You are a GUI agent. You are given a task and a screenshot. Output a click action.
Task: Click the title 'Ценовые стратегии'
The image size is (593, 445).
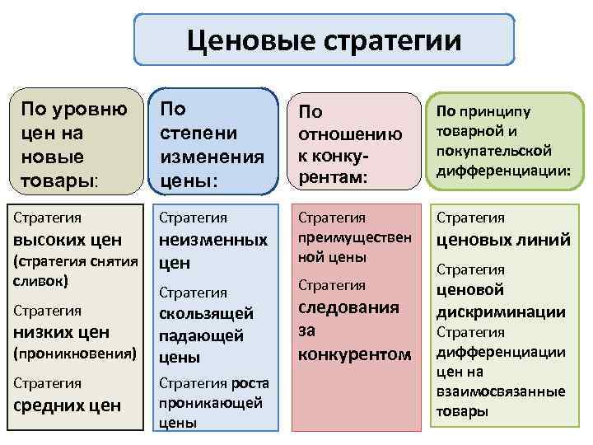(x=325, y=40)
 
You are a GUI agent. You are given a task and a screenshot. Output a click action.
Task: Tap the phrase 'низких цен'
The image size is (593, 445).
(x=63, y=332)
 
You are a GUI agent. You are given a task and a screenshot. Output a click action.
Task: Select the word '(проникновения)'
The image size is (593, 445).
(x=73, y=354)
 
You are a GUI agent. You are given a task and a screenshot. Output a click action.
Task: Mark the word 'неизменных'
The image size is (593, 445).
(x=212, y=240)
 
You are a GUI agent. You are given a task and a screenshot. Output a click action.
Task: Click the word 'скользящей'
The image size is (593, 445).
(x=206, y=314)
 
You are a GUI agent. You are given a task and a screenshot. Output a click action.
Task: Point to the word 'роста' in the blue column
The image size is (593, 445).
(x=250, y=383)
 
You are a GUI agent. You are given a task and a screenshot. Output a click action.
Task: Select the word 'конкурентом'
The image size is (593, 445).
(x=354, y=354)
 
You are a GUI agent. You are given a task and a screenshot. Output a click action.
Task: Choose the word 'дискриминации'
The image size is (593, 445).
(x=501, y=311)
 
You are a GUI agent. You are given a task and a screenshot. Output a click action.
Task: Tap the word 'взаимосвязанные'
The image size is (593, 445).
(x=501, y=391)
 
